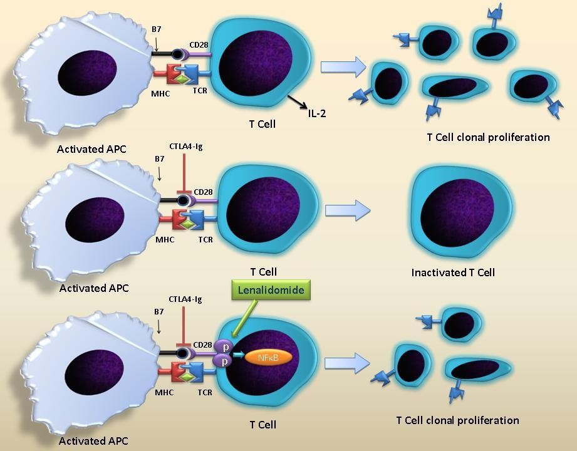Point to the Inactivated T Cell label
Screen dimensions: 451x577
[x=453, y=272]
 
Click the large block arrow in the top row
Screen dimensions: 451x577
[x=343, y=66]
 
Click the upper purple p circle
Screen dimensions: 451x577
[x=222, y=346]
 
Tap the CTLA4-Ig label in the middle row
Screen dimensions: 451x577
[x=186, y=147]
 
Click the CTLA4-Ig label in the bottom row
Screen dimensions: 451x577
[x=185, y=299]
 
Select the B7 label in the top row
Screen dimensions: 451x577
[x=156, y=29]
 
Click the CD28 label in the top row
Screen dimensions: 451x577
[x=199, y=46]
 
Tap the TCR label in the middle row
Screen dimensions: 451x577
[x=205, y=239]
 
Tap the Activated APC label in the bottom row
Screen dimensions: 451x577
[x=93, y=441]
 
